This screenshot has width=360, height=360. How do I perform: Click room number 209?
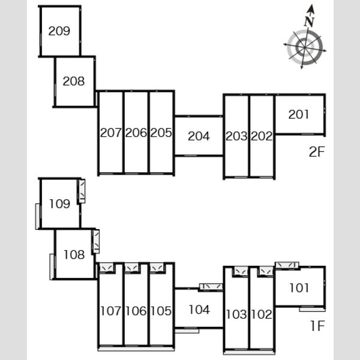pos(59,31)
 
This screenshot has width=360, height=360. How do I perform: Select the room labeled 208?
pos(74,81)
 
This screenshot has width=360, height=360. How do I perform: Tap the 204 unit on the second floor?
pos(199,136)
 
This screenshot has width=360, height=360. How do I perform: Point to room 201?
pos(298,115)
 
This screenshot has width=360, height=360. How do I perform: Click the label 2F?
pos(317,152)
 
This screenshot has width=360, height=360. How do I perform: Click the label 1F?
pos(317,326)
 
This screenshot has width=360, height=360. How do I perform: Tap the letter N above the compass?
pos(309,22)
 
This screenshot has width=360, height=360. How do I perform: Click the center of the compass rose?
pos(305,47)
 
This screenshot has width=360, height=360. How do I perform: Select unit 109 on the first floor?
pos(59,204)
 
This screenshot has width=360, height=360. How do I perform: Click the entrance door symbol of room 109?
pos(82,191)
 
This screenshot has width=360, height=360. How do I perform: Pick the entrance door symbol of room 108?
pos(96,241)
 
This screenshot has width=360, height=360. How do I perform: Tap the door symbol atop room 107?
pos(106,268)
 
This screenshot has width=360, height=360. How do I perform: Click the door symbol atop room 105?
pos(157,268)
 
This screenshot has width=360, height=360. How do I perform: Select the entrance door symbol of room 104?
pos(211,287)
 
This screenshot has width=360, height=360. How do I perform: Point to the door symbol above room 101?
pos(287,265)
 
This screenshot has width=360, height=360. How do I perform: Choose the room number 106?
pos(136,311)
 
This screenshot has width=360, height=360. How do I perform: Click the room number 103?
pos(236,314)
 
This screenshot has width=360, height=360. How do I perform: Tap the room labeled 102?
pos(262,314)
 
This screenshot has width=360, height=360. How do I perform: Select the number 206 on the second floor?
pos(136,133)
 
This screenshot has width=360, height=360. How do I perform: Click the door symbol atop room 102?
pos(266,271)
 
